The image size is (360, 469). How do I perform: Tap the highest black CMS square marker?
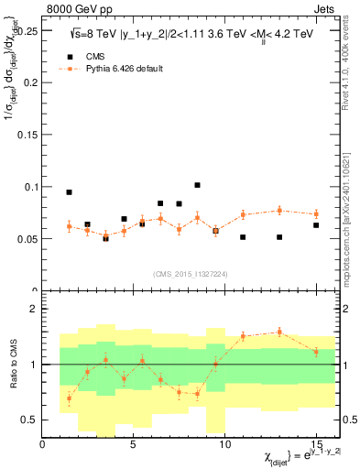tap(197, 185)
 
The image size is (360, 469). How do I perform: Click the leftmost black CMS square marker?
tap(70, 192)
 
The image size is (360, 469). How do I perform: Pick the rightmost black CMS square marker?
tap(316, 225)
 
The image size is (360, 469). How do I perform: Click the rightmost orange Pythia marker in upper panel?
tap(316, 214)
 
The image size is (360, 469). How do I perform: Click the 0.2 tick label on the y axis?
tap(30, 82)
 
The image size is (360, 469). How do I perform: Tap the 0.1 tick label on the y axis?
tap(30, 187)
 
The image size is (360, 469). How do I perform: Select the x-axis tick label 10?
tap(224, 444)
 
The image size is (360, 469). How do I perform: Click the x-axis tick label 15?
tap(316, 444)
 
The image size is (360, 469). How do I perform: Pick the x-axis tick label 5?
tap(134, 444)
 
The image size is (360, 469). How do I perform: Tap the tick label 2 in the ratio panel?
tap(34, 309)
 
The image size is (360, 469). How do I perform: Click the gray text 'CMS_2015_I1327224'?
tap(191, 273)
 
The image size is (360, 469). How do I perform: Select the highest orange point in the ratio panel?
tap(279, 332)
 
